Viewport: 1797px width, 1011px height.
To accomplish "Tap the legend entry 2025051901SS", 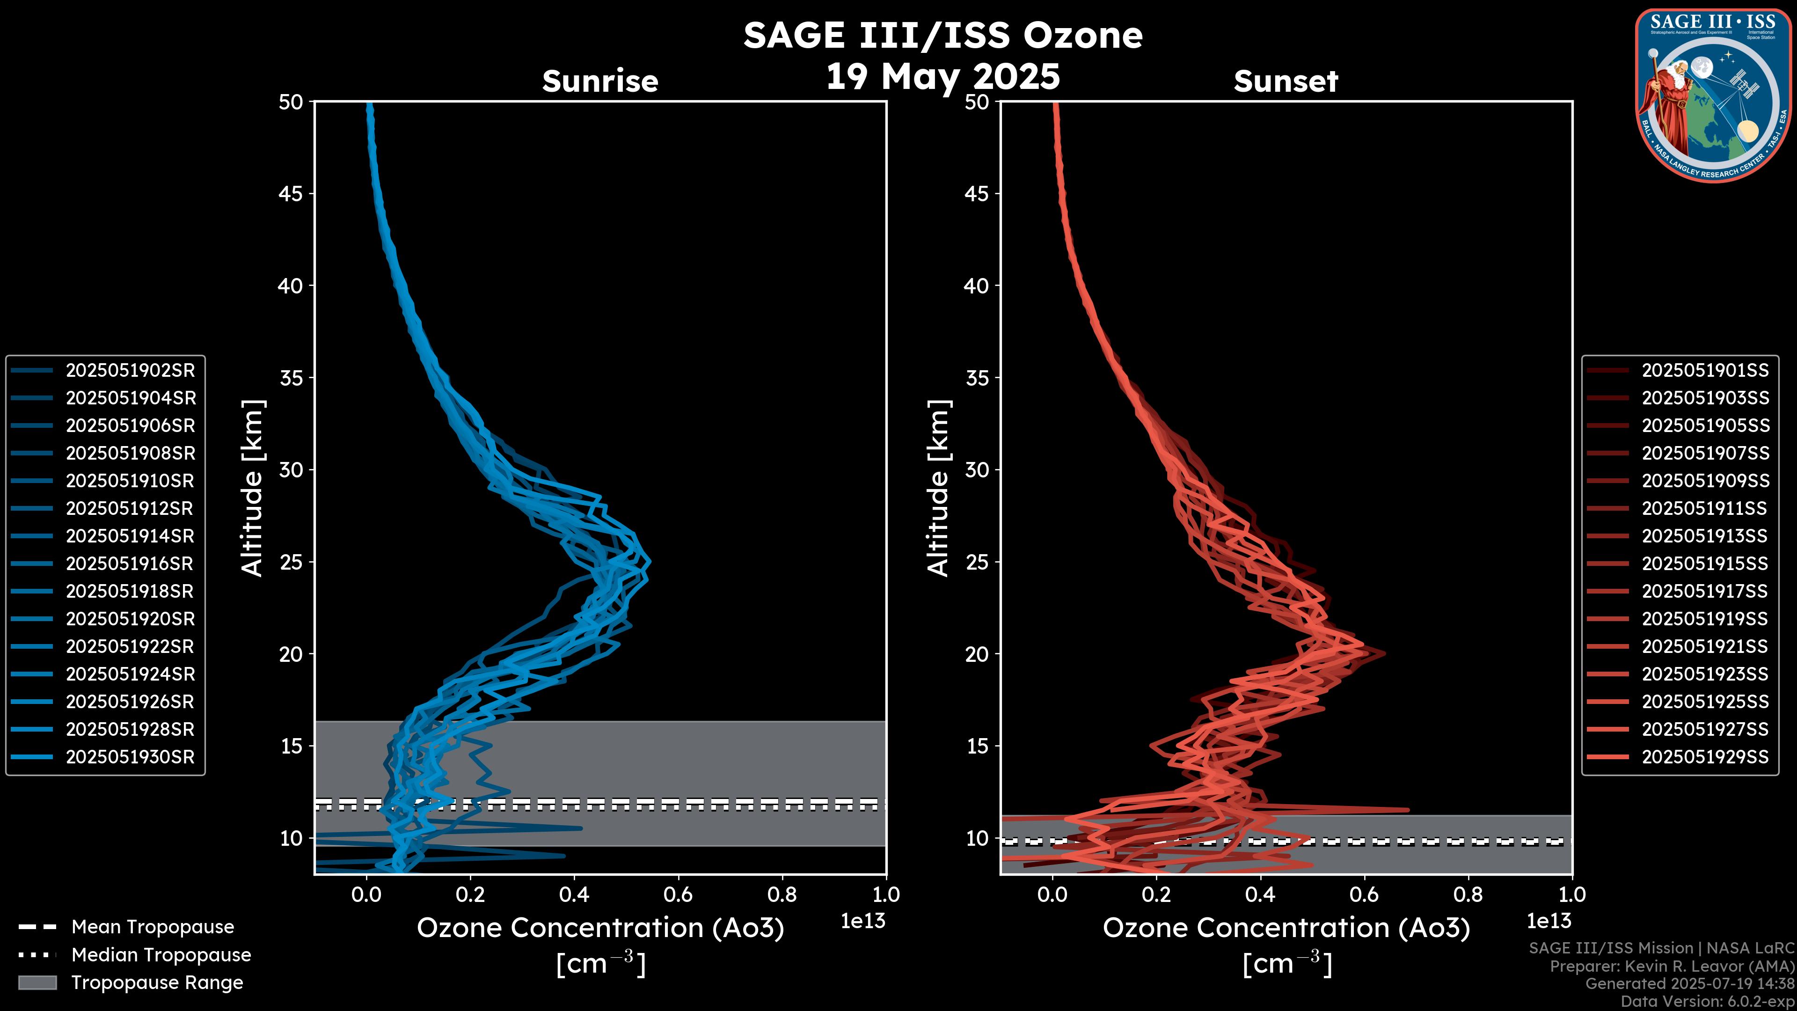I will click(x=1705, y=371).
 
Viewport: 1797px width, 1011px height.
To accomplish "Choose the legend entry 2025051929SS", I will click(x=1705, y=757).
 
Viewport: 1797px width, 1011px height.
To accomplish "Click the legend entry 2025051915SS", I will click(x=1705, y=564).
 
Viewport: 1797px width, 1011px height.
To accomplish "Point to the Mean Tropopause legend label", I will click(x=153, y=927).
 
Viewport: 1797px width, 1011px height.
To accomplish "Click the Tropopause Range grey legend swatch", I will click(x=37, y=982).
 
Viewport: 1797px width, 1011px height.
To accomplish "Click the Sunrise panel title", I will click(x=600, y=81).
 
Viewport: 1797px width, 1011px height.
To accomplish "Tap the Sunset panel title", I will click(x=1286, y=81).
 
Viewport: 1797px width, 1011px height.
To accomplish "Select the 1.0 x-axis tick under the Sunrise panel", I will click(x=886, y=894).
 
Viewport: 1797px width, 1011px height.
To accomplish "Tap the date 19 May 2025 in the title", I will click(x=942, y=77).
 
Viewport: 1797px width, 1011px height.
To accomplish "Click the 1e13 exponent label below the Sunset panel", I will click(x=1549, y=921).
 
